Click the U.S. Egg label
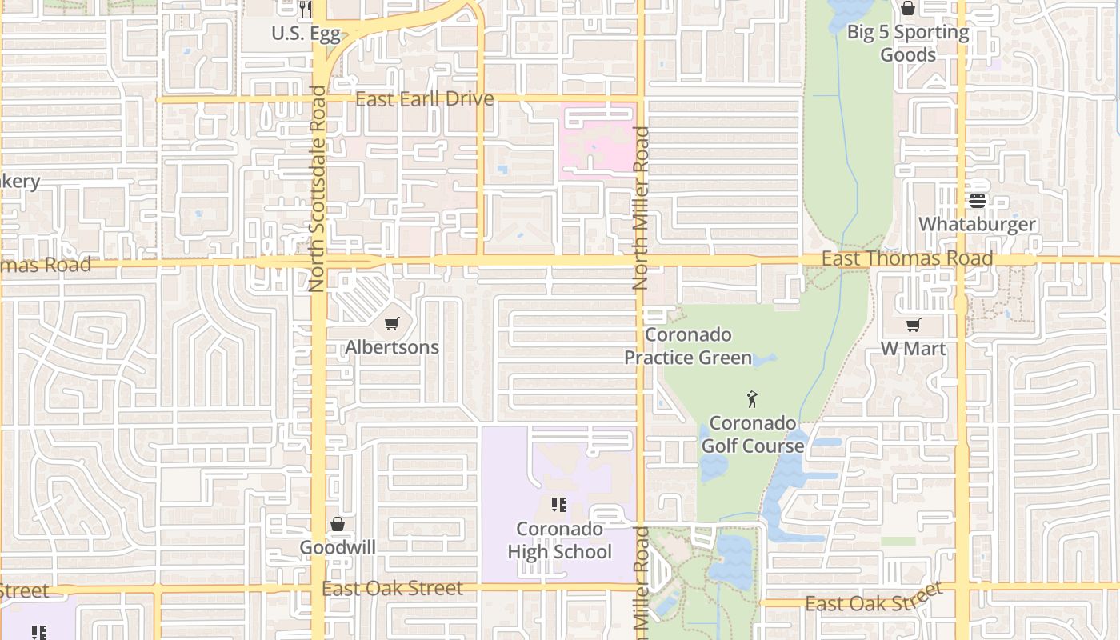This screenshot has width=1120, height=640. [x=306, y=34]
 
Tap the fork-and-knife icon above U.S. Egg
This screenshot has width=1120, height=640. [x=305, y=10]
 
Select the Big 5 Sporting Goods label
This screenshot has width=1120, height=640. [x=908, y=43]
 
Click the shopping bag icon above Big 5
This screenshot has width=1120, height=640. [x=908, y=9]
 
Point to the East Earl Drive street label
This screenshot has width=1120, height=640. [x=424, y=99]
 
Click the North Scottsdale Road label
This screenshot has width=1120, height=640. [x=318, y=189]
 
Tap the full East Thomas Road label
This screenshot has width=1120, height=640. [x=907, y=258]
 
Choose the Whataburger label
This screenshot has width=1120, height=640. [x=977, y=224]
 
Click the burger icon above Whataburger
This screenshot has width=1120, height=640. [x=978, y=201]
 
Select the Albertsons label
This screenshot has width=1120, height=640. [x=392, y=347]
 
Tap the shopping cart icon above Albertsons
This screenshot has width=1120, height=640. [x=391, y=324]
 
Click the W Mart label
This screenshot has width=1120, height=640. [x=913, y=349]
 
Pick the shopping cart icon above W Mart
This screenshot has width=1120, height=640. [x=913, y=325]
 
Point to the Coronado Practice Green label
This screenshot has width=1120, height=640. [x=688, y=346]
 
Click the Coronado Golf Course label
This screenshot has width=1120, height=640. [x=753, y=434]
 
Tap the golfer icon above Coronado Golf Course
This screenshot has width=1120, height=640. [x=752, y=398]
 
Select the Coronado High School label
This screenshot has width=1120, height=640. [x=559, y=540]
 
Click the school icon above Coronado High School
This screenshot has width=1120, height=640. [x=558, y=505]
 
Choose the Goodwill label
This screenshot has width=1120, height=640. [x=338, y=548]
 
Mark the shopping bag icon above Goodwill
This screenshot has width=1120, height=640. [x=338, y=524]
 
